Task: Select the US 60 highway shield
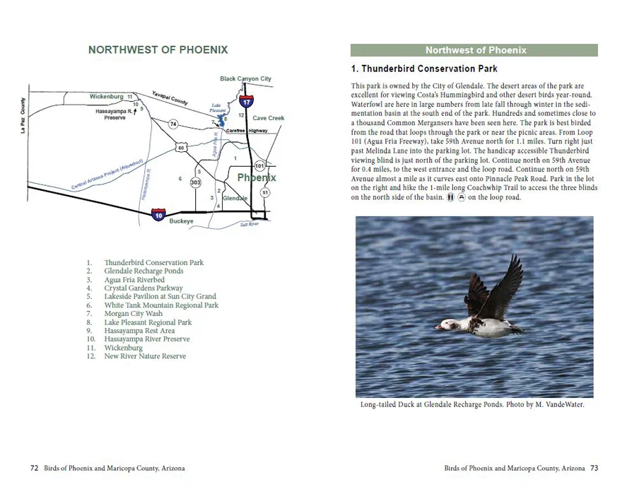[x=181, y=148]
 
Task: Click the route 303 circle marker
[x=196, y=182]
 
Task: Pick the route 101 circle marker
[x=259, y=165]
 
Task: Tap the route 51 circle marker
[x=265, y=192]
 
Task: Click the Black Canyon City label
[x=245, y=79]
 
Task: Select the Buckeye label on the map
[x=181, y=221]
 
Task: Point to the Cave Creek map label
[x=269, y=118]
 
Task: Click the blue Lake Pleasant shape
[x=223, y=118]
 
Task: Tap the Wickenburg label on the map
[x=107, y=96]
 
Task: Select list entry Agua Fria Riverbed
[x=134, y=280]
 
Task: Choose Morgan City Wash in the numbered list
[x=133, y=314]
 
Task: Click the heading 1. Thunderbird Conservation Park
[x=424, y=69]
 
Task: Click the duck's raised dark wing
[x=503, y=286]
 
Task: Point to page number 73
[x=594, y=468]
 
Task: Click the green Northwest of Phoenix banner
[x=474, y=50]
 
